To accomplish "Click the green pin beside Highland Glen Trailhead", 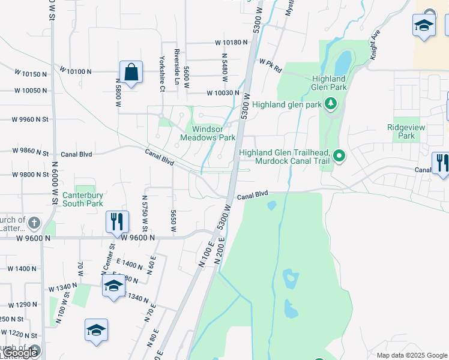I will coord(339,157).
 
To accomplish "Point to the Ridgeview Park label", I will coord(401,131).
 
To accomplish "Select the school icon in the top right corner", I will coord(424,26).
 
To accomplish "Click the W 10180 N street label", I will coord(231,43).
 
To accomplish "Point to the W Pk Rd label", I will coord(271,65).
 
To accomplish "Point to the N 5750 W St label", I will coord(145,212).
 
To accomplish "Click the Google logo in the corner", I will coord(20,353).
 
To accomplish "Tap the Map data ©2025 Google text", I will coord(411,355).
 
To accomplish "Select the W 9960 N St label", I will coord(29,119).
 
